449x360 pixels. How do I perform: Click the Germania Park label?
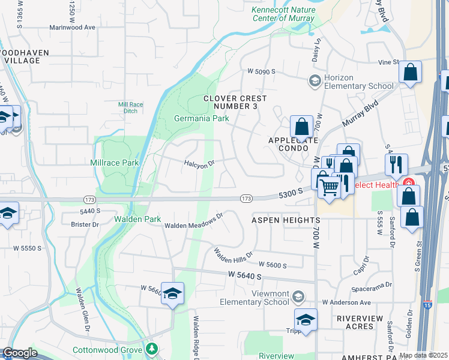click(x=201, y=119)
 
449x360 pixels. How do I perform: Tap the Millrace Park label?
click(x=115, y=163)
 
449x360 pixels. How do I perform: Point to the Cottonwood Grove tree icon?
click(x=152, y=349)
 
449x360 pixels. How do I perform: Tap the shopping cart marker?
click(x=329, y=187)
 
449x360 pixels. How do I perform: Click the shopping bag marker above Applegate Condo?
click(x=302, y=127)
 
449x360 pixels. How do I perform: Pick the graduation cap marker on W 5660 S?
click(x=172, y=293)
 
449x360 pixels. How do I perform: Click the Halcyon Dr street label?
click(x=199, y=163)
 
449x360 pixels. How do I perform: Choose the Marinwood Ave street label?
click(x=73, y=28)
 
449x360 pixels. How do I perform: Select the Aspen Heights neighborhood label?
click(x=286, y=220)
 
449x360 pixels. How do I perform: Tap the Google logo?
click(x=20, y=353)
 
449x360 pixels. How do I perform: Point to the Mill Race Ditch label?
click(x=130, y=107)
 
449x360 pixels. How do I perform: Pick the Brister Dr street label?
click(x=85, y=224)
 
